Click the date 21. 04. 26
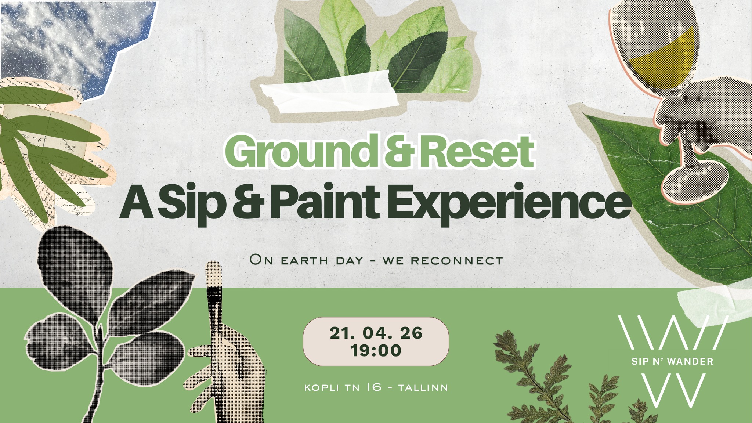[376, 333]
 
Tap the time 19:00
[376, 351]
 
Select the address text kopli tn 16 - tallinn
[376, 388]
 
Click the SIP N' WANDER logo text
[672, 362]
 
